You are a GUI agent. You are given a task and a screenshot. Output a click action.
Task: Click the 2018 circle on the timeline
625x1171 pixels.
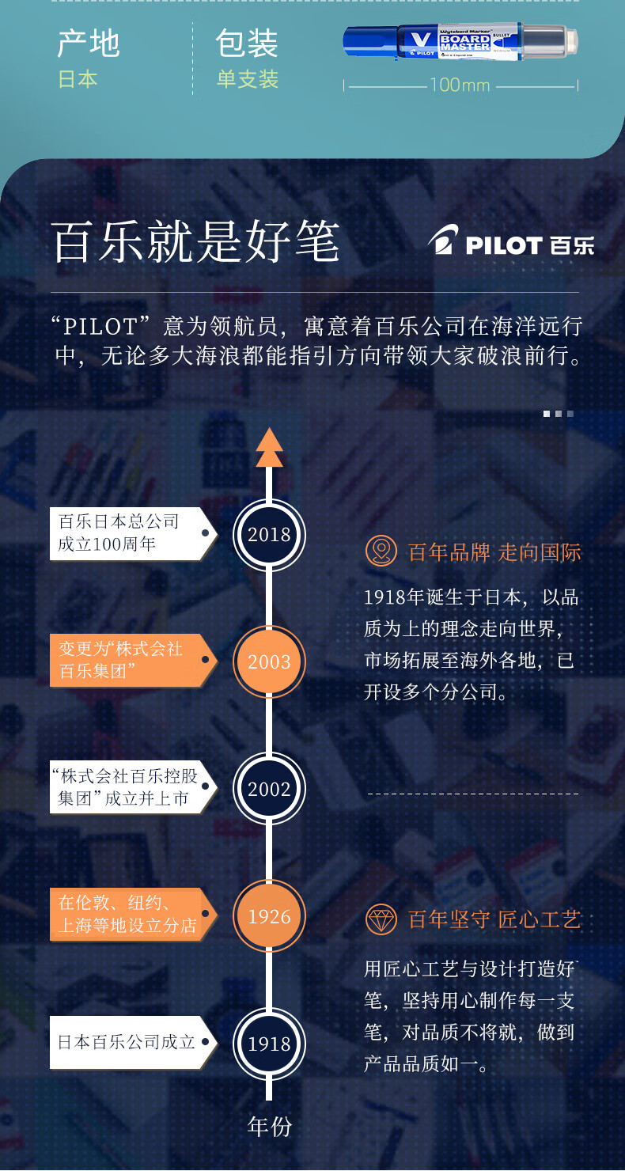pos(269,535)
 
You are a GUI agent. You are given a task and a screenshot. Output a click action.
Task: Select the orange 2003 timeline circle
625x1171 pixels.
pos(269,662)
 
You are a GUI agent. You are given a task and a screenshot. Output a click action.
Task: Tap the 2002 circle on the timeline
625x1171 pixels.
pos(269,789)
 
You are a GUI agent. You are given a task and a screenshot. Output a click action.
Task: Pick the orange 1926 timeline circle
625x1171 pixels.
pos(269,917)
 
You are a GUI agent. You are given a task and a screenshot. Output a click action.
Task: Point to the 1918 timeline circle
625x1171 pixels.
pos(269,1044)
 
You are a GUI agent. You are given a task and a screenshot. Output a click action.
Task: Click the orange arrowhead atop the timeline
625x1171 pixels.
pos(269,448)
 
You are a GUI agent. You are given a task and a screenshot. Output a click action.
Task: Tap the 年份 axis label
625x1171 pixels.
pos(269,1127)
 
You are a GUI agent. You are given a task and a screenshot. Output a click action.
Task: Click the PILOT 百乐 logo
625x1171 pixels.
pos(510,243)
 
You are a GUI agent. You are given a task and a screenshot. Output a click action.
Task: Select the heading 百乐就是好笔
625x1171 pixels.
pos(195,242)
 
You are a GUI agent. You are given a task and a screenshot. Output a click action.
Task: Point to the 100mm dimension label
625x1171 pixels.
pos(460,85)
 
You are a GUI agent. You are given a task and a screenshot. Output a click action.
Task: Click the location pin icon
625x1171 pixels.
pos(381,551)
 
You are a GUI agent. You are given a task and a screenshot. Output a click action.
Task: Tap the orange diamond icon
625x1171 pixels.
pos(381,919)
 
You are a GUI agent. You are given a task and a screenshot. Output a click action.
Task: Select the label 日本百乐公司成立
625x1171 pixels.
pos(127,1042)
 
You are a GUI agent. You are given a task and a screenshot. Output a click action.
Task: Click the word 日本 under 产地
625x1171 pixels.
pos(78,80)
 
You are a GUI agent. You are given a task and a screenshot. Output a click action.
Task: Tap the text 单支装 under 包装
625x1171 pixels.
pos(248,80)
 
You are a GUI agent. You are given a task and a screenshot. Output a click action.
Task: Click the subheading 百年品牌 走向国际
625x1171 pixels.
pos(494,552)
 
